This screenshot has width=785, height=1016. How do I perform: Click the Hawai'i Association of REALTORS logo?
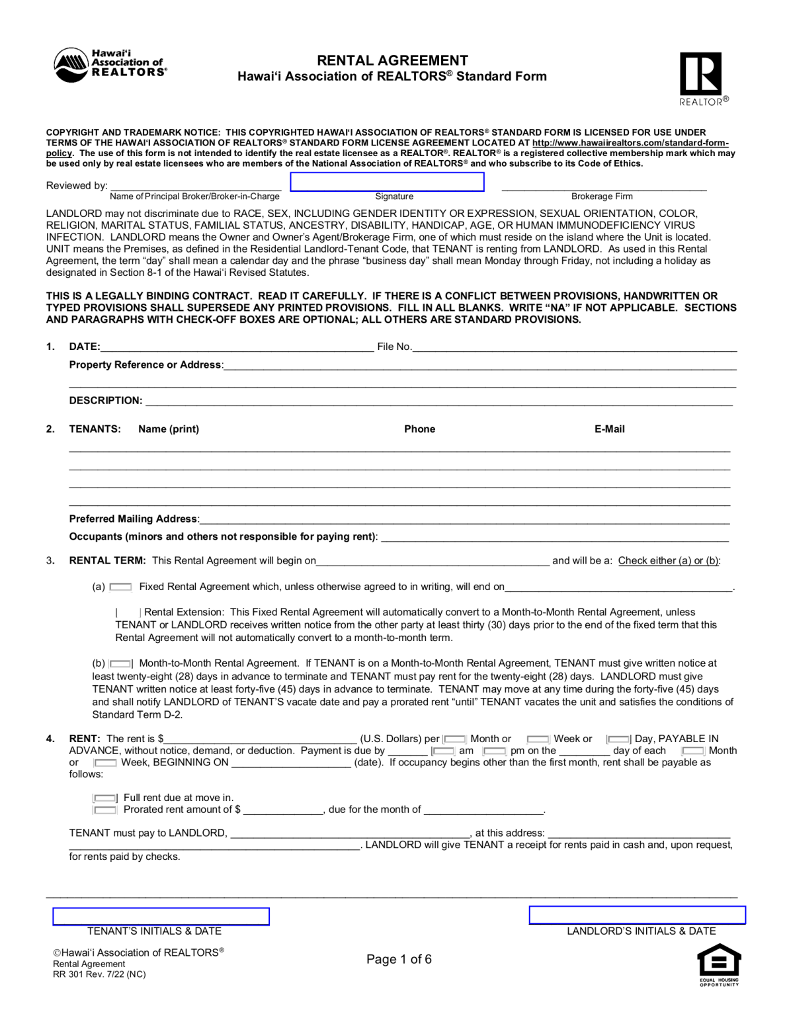click(110, 65)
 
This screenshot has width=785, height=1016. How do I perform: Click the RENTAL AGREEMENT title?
click(392, 60)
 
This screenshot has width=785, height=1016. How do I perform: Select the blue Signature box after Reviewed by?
click(387, 182)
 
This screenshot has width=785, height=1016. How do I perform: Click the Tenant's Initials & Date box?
click(161, 916)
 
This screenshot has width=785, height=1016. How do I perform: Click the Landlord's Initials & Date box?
click(637, 915)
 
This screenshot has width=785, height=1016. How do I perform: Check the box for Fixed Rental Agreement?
click(120, 587)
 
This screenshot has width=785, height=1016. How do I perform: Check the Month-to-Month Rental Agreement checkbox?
click(120, 663)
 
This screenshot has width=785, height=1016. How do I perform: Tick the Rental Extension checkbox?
click(128, 613)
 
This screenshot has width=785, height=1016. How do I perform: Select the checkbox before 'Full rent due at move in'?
click(104, 798)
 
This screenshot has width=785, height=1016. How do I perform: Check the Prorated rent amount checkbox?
click(104, 810)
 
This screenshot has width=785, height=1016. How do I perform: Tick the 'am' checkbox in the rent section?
click(443, 751)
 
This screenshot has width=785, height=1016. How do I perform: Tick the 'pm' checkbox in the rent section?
click(495, 751)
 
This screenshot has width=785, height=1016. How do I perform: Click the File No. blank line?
click(574, 347)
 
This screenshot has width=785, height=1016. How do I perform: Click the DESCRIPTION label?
click(106, 400)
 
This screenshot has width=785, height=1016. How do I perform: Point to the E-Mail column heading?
click(609, 429)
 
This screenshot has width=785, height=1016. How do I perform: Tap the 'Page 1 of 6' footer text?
click(399, 959)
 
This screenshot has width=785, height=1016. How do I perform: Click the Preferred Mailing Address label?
click(133, 519)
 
